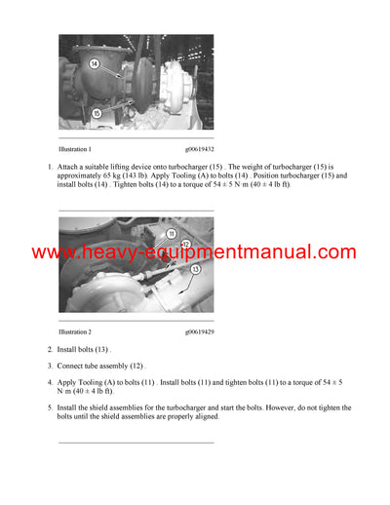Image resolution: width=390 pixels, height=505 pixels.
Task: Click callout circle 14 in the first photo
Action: click(96, 63)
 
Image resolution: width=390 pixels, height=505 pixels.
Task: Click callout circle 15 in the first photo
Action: click(97, 113)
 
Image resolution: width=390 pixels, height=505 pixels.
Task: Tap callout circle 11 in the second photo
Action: click(171, 234)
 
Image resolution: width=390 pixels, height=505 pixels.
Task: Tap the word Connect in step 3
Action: click(71, 366)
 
